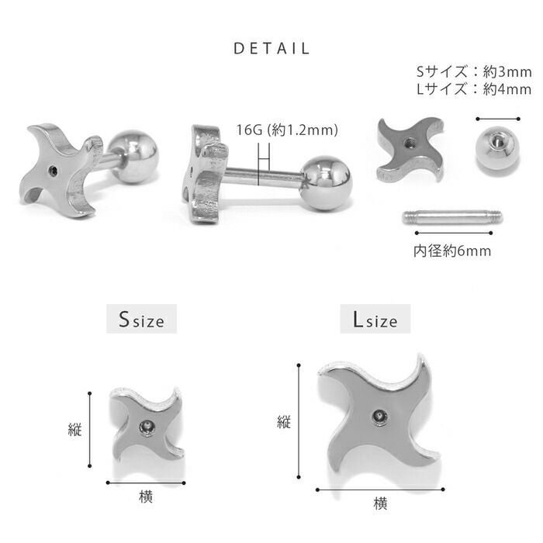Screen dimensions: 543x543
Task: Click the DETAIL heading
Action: (271, 48)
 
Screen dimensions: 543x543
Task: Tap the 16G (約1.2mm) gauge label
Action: (287, 130)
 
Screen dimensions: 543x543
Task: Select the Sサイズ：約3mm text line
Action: (474, 72)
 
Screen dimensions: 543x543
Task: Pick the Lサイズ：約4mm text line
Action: (474, 89)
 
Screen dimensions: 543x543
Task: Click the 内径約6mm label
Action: (452, 251)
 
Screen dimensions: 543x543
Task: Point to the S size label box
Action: (142, 319)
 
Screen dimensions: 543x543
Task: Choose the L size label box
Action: (375, 319)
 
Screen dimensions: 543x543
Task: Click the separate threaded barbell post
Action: (452, 217)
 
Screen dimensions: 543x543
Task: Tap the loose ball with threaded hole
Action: (498, 148)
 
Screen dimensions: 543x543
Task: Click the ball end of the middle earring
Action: (326, 183)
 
